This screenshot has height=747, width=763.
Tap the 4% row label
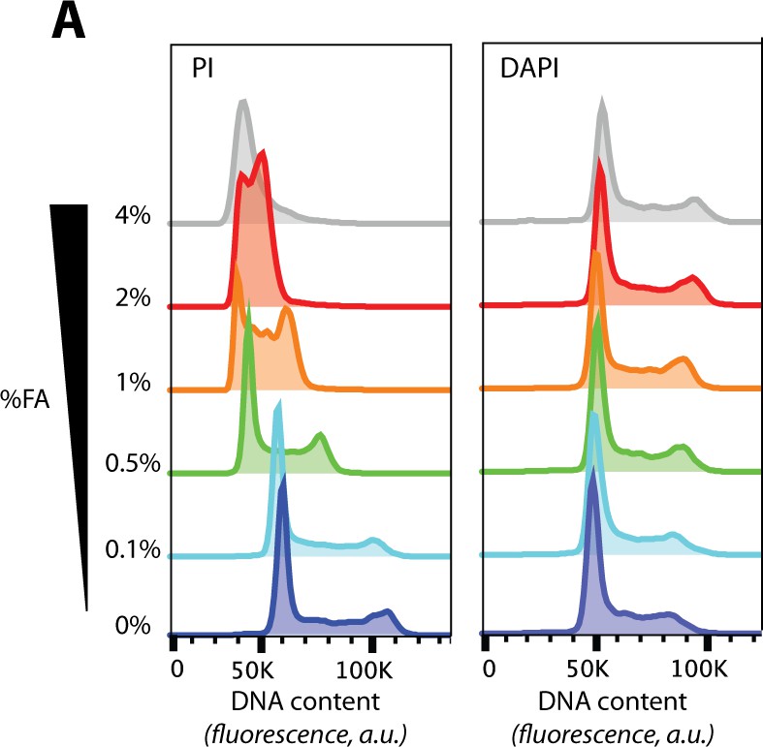pos(132,215)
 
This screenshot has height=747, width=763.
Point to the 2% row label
pos(132,298)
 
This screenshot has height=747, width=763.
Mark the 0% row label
pos(132,626)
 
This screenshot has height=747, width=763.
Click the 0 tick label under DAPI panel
pos(490,669)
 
